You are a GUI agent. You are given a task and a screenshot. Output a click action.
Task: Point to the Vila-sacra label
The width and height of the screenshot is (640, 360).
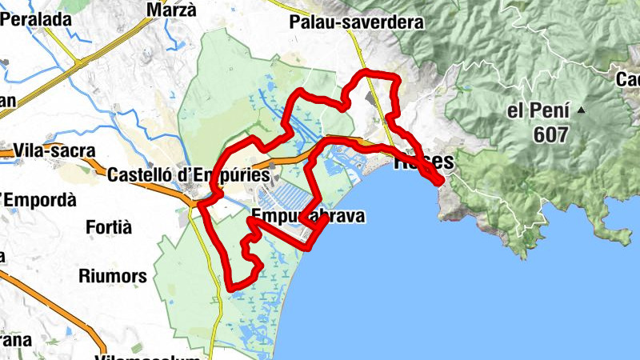[54, 150]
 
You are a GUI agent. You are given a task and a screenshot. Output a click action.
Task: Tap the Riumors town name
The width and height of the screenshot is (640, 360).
[113, 277]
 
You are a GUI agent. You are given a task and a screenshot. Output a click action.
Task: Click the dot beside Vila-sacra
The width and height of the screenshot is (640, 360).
[6, 150]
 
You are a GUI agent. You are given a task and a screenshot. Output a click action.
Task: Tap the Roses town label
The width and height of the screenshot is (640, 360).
[425, 161]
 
